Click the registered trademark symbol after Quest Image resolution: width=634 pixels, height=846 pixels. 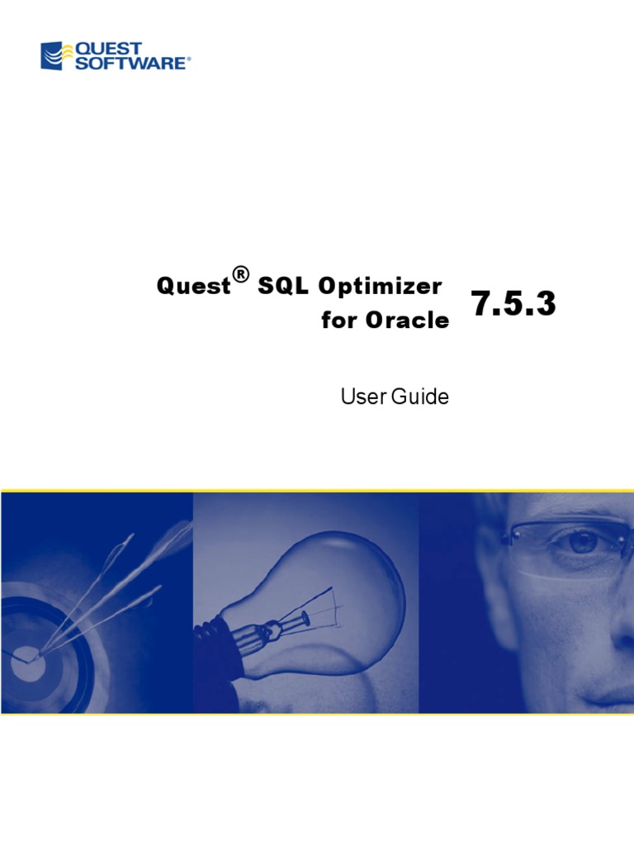coord(240,274)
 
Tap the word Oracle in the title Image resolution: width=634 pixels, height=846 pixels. coord(407,321)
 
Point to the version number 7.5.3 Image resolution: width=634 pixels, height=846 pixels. coord(513,305)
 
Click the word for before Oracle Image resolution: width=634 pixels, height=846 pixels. coord(338,321)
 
